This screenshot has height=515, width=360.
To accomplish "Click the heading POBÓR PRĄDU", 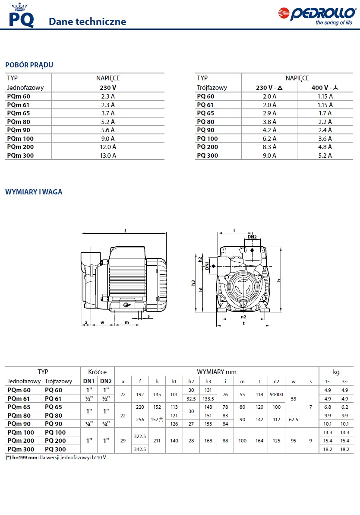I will (x=29, y=65).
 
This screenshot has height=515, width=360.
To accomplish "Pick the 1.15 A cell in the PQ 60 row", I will (x=325, y=96).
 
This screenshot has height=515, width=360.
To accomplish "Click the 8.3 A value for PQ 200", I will (x=269, y=147).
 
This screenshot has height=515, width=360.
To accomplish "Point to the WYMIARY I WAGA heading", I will (x=34, y=192).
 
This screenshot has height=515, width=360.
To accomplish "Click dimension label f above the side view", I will (x=125, y=230).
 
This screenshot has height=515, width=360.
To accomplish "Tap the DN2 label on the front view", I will (x=252, y=237).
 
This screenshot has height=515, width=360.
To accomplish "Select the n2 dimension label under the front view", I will (x=243, y=317).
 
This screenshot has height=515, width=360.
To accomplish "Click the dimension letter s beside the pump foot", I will (x=148, y=316).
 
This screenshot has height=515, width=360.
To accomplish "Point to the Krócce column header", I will (x=97, y=372).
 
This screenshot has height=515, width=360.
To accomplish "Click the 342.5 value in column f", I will (x=140, y=449).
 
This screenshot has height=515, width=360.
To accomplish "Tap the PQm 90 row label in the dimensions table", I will (x=19, y=424).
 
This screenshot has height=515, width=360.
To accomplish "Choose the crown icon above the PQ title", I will (x=19, y=6).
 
